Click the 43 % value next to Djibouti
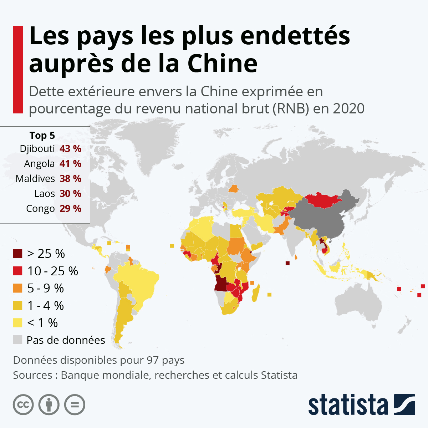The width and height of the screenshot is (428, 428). [x=70, y=149]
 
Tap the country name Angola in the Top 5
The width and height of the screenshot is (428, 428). [x=39, y=164]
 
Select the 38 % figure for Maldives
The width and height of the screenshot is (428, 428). [x=70, y=179]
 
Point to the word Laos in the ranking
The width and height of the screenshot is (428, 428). [x=45, y=194]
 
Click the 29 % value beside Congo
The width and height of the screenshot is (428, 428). [x=70, y=209]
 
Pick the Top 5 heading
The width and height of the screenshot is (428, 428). [x=42, y=136]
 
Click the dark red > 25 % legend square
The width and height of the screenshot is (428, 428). [x=18, y=254]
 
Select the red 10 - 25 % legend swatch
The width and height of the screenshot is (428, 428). [x=18, y=271]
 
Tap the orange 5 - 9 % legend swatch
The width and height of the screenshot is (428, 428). [x=18, y=288]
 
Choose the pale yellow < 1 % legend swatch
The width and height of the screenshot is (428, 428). [x=18, y=323]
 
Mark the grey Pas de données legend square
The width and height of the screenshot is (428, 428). [x=18, y=340]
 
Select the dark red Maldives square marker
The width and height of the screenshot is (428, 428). [x=287, y=263]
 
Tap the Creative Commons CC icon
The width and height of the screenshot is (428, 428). [x=23, y=405]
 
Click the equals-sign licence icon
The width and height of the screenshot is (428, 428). [x=75, y=405]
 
